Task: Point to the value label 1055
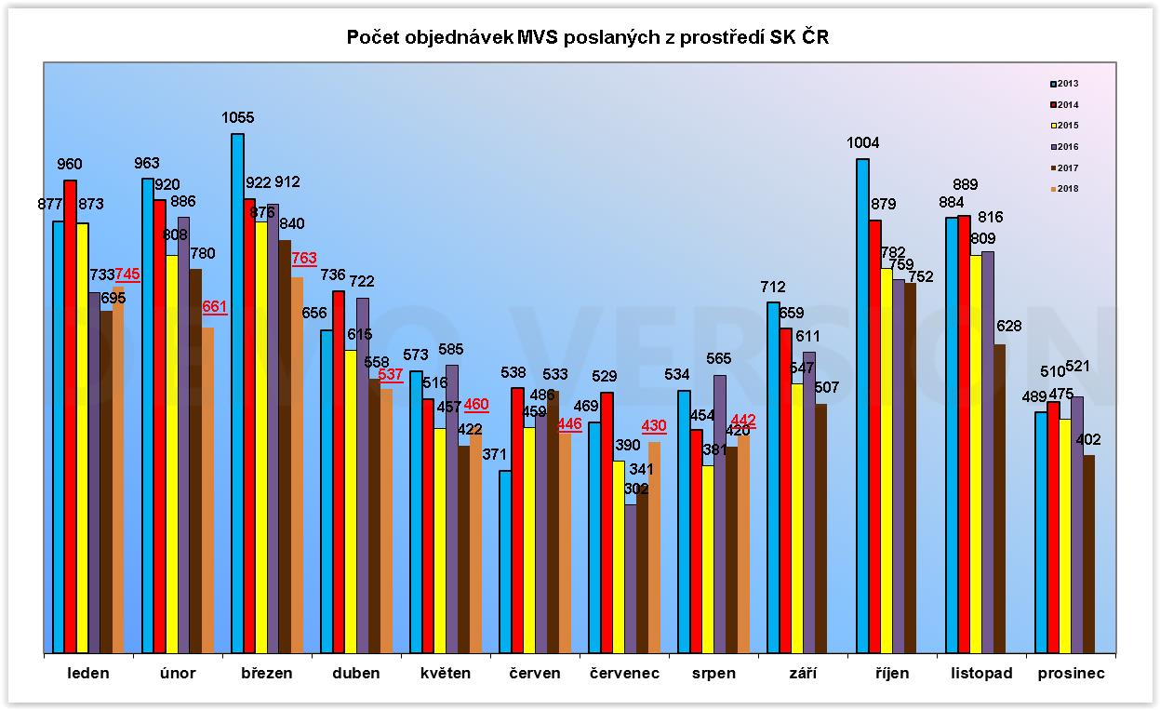(x=237, y=118)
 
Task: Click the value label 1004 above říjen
(x=862, y=143)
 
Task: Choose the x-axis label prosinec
(x=1071, y=674)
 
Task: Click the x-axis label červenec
(x=624, y=674)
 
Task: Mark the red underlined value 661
(x=214, y=307)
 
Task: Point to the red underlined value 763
(x=304, y=259)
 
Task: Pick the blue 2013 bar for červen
(x=505, y=562)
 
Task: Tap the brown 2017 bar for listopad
(x=999, y=499)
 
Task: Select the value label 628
(x=1008, y=327)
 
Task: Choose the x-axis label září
(x=802, y=674)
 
